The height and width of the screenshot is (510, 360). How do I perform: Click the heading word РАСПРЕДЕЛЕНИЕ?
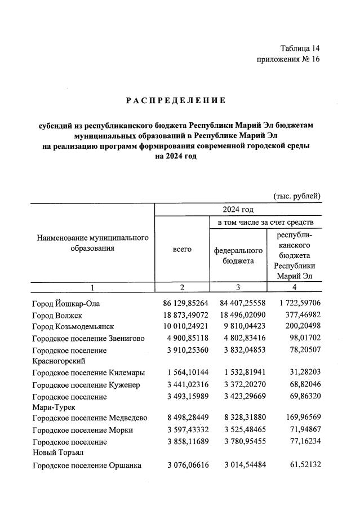(175, 100)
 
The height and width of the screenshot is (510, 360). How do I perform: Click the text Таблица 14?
(300, 48)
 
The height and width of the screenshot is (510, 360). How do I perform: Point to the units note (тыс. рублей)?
(297, 196)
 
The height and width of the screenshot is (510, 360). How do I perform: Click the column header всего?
(182, 249)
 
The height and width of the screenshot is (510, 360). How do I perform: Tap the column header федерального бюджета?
(238, 255)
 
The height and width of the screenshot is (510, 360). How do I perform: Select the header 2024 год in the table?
(238, 210)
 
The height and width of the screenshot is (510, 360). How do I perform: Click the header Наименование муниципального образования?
(92, 243)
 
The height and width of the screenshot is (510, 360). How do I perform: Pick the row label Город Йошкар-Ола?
(66, 305)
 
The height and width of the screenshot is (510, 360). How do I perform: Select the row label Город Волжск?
(57, 316)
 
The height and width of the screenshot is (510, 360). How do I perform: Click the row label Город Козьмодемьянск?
(73, 327)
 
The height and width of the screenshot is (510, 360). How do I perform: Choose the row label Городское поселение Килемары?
(89, 373)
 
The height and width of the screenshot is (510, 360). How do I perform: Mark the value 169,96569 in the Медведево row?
(300, 418)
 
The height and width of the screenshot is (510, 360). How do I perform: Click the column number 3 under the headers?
(238, 288)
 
